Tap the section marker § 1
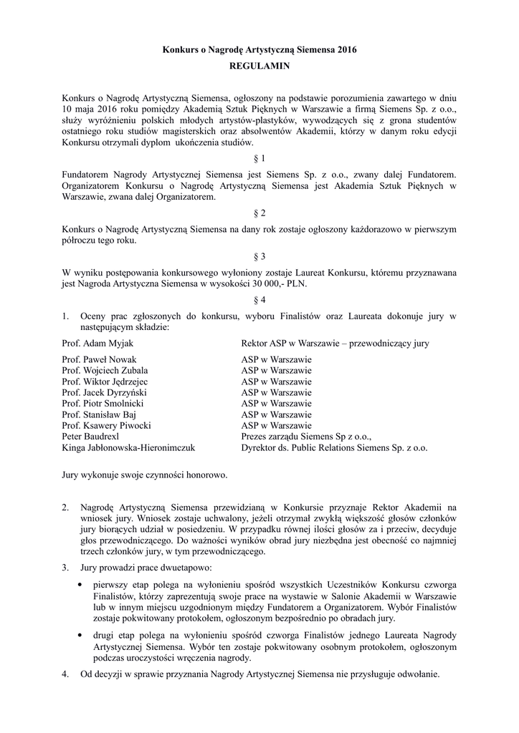[x=259, y=157]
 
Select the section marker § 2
[x=259, y=213]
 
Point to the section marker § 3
[x=259, y=256]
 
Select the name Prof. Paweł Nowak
[x=100, y=359]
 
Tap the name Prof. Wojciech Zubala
[x=105, y=371]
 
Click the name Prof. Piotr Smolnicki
[x=105, y=404]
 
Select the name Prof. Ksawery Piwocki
[x=106, y=426]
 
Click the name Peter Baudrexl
[x=93, y=437]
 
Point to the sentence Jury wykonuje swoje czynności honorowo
[x=145, y=475]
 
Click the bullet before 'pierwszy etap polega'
[x=79, y=586]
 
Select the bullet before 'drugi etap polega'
[x=79, y=636]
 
